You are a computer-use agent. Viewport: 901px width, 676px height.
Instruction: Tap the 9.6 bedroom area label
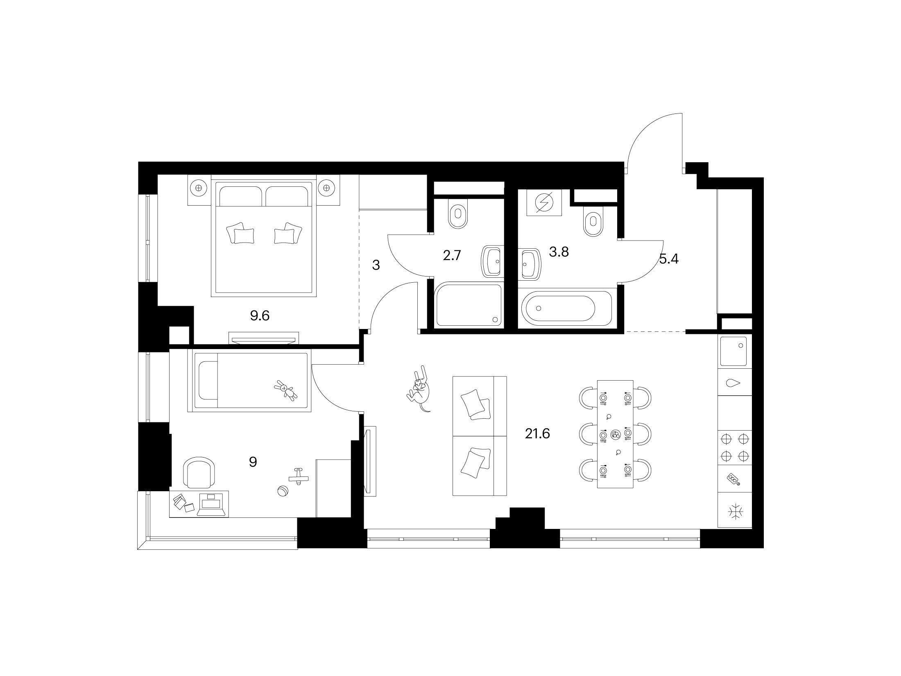coord(260,315)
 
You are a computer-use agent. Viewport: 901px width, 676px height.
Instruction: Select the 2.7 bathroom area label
coord(452,256)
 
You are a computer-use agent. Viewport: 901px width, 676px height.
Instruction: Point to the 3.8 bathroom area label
coord(559,252)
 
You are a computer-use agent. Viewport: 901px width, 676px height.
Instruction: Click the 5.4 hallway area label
coord(669,259)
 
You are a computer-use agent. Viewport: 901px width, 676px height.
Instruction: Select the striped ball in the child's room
coord(282,491)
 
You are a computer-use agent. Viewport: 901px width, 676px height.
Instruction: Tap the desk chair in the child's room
coord(199,472)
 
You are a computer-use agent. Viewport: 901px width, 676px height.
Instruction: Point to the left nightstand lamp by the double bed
coord(198,188)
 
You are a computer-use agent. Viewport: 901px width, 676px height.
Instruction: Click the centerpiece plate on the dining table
coord(616,435)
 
